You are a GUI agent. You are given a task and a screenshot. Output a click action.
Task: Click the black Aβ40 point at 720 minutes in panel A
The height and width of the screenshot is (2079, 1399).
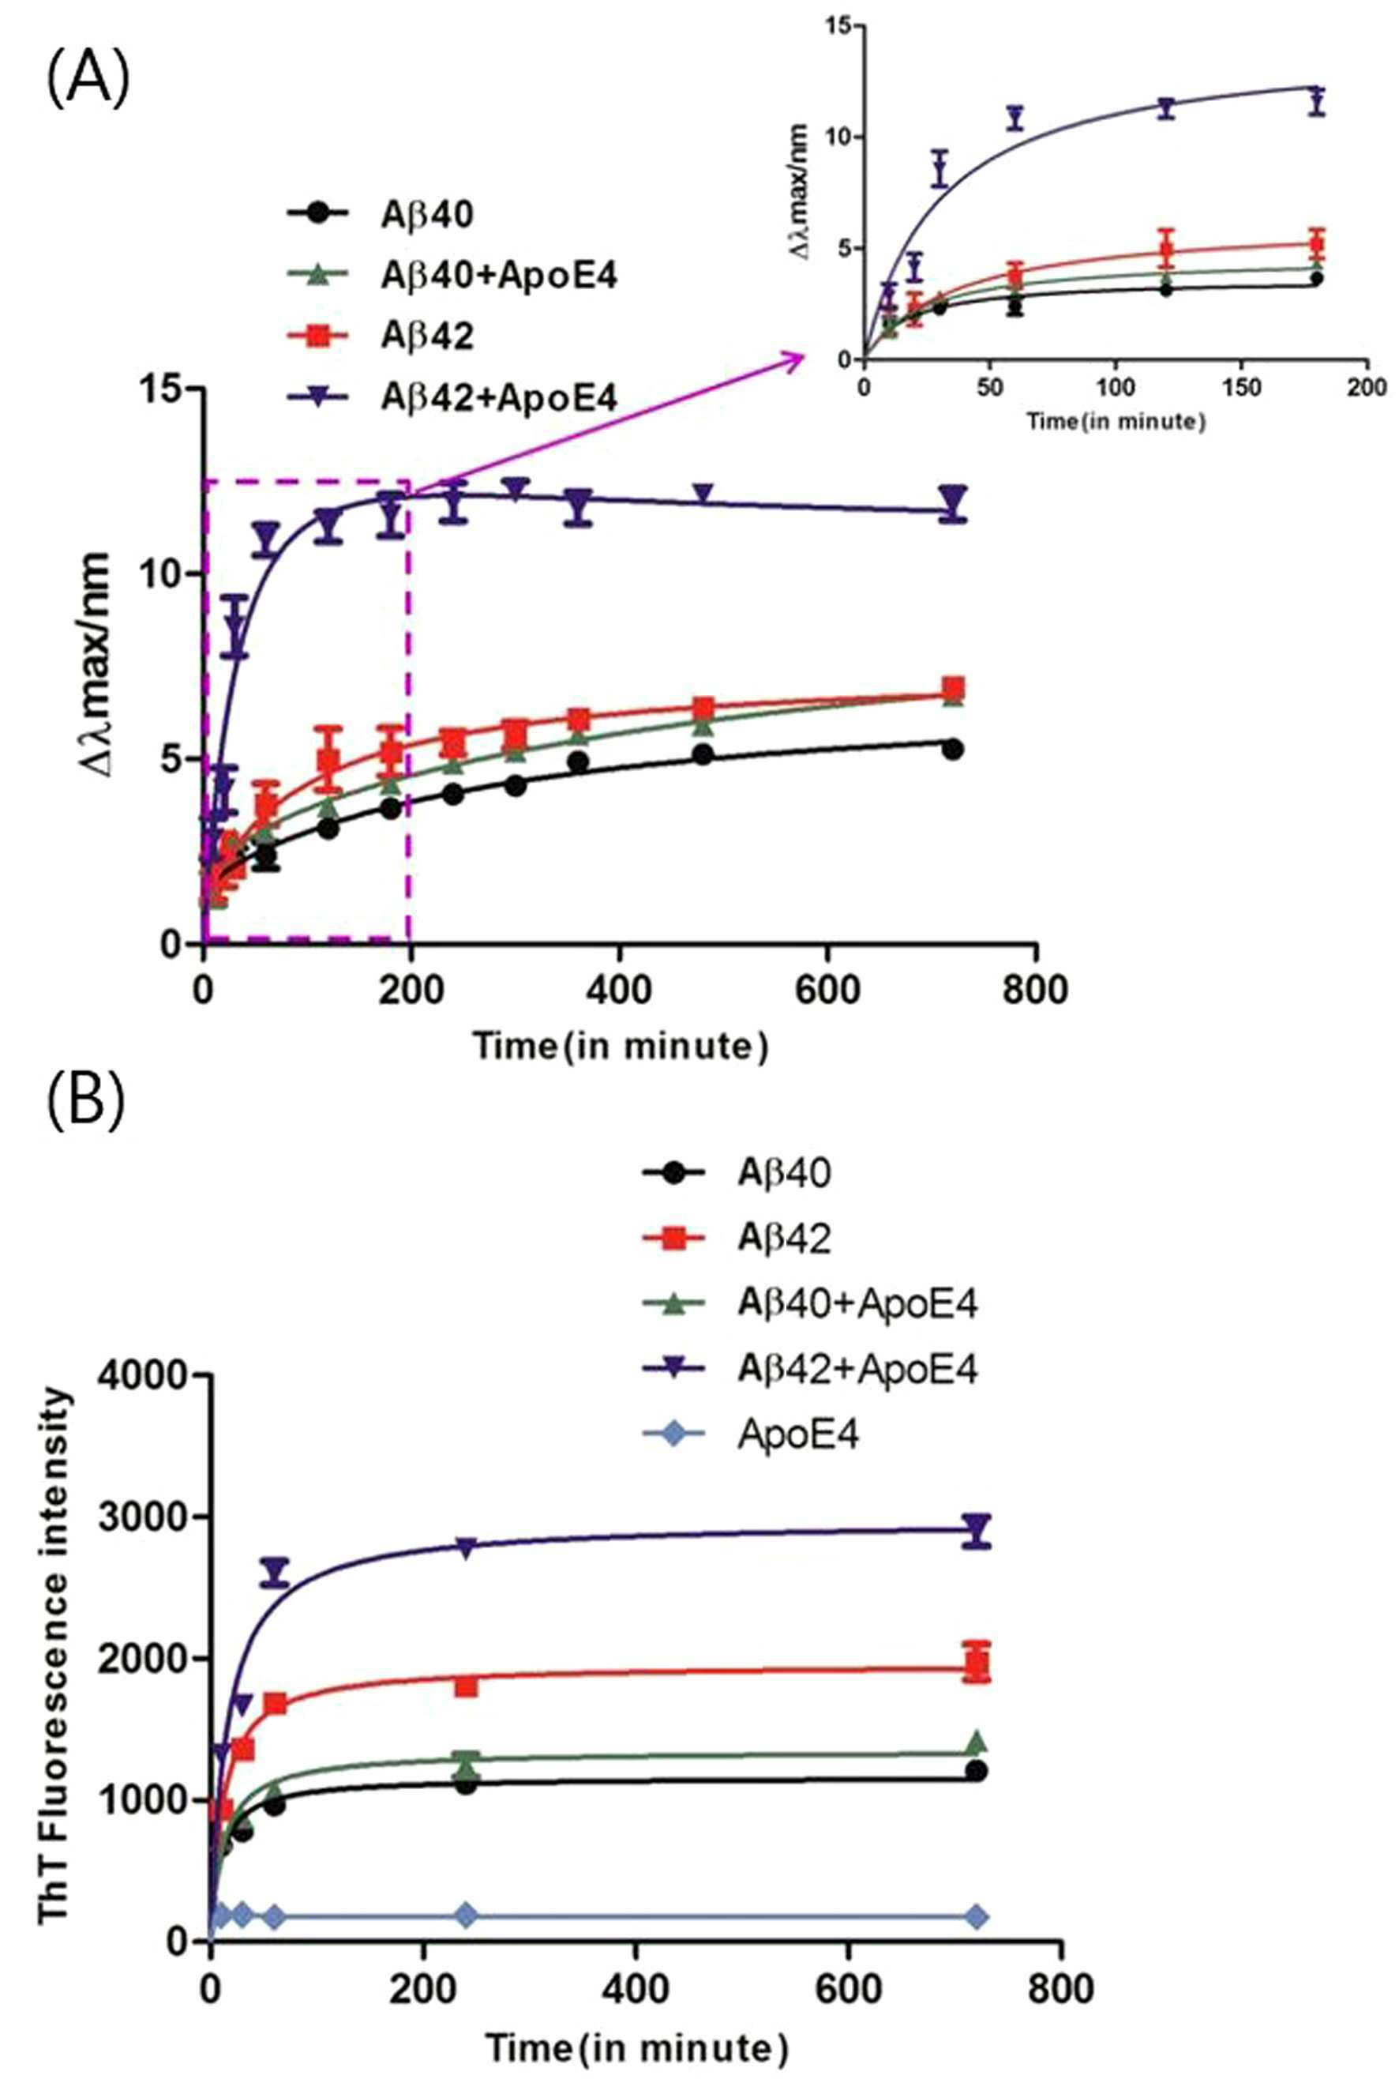pyautogui.click(x=953, y=750)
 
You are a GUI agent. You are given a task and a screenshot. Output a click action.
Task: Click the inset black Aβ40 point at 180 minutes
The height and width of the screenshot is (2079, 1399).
pyautogui.click(x=1317, y=279)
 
